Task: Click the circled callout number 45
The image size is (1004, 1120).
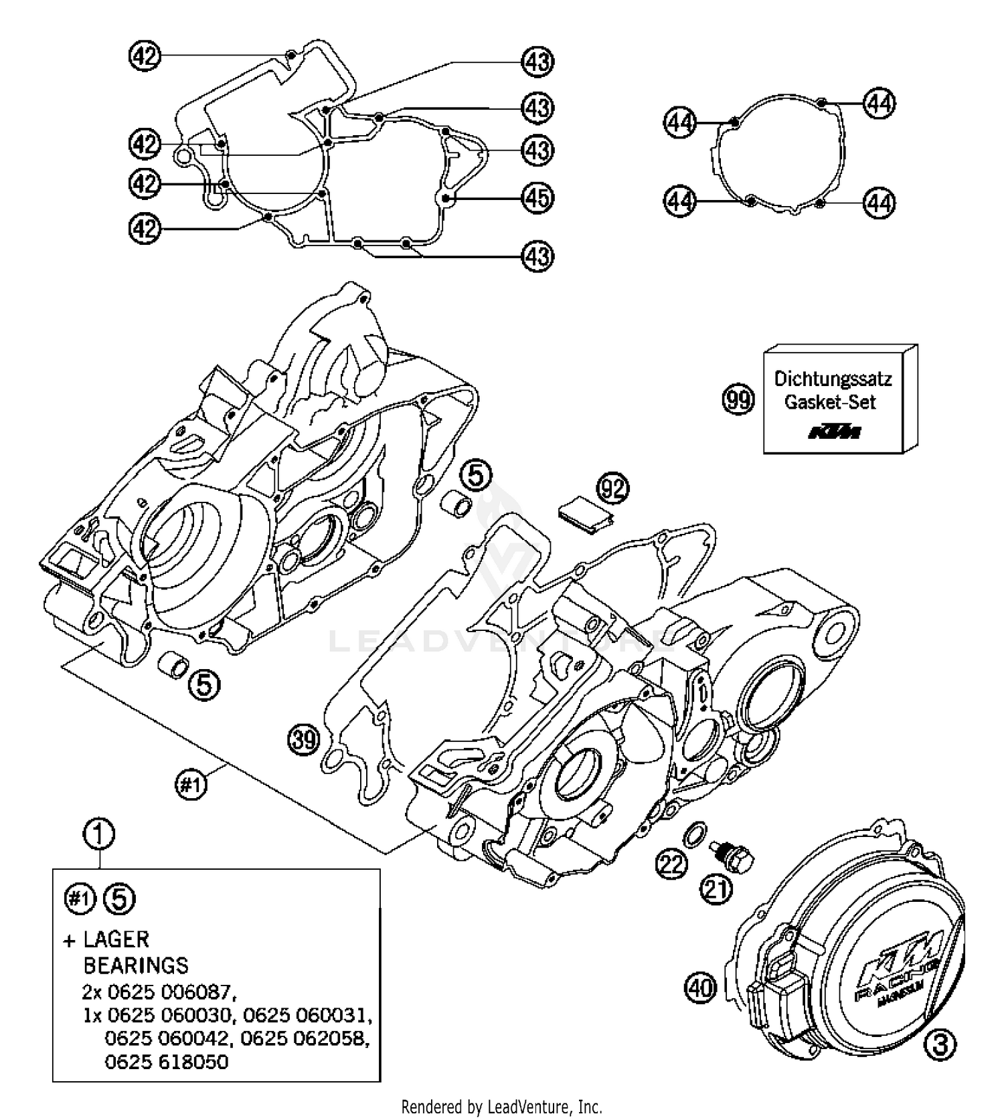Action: click(537, 198)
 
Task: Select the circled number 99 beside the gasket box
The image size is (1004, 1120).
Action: click(738, 400)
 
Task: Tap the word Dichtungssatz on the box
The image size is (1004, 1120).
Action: click(833, 379)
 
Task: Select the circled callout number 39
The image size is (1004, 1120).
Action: click(305, 740)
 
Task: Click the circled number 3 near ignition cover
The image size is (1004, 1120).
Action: click(940, 1044)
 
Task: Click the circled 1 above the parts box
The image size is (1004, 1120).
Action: click(99, 834)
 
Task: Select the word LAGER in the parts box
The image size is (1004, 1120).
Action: click(116, 940)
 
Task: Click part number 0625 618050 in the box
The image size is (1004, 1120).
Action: click(166, 1062)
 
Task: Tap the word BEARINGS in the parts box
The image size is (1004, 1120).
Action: click(136, 965)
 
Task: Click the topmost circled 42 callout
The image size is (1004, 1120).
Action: click(145, 56)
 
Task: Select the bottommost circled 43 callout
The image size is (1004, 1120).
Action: click(537, 256)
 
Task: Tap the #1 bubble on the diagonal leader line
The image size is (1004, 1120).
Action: click(191, 784)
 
